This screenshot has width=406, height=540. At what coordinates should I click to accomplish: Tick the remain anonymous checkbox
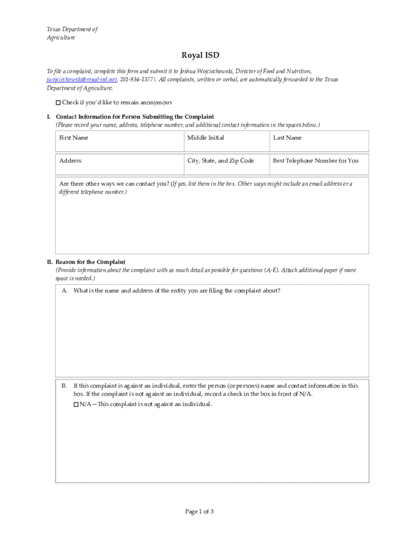tap(59, 102)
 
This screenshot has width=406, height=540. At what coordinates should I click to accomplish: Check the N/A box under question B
tap(75, 404)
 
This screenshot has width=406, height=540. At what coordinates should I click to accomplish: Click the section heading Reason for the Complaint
tap(90, 262)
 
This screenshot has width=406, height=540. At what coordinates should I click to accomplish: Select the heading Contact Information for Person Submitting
tap(134, 117)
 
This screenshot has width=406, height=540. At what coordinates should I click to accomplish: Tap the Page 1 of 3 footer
tap(199, 512)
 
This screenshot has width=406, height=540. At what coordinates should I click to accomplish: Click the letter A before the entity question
tap(64, 291)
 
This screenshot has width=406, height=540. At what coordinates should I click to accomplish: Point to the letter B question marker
tap(64, 385)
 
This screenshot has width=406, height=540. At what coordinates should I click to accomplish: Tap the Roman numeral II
tap(49, 262)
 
